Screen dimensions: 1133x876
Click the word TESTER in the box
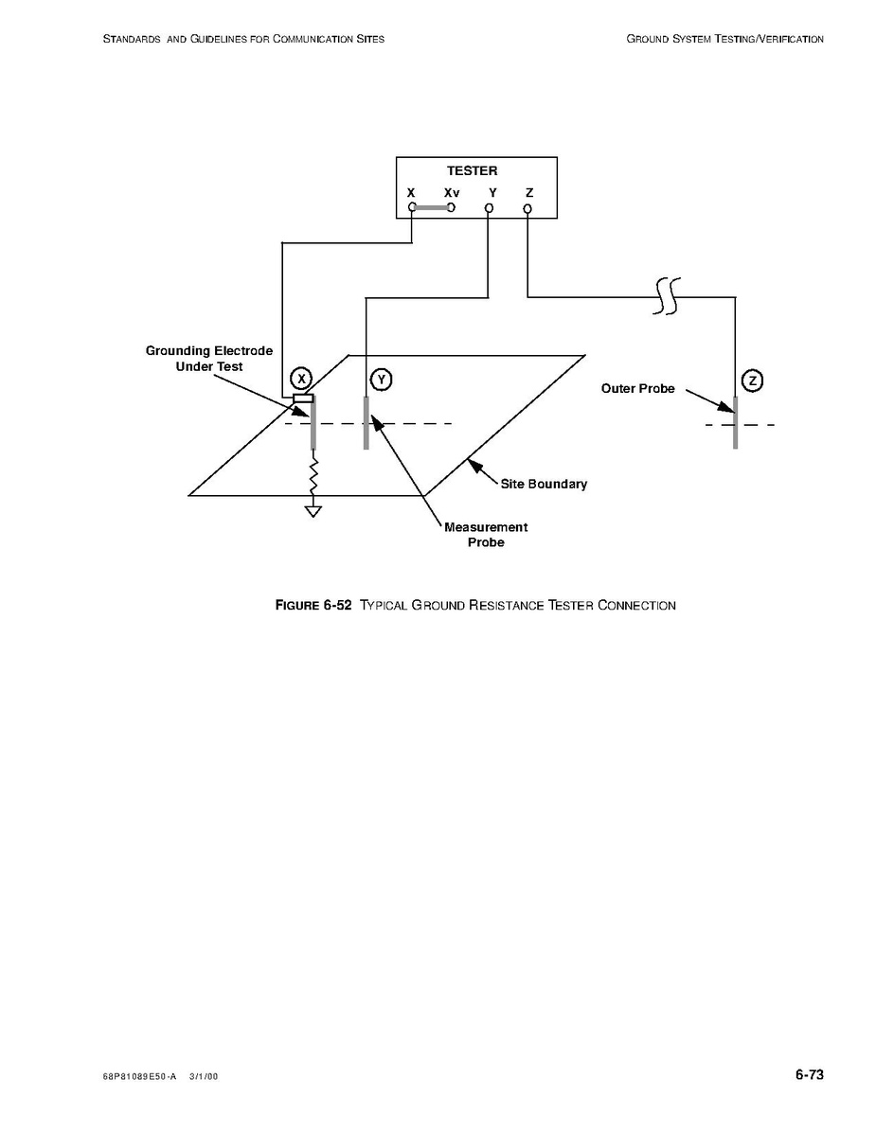click(x=472, y=171)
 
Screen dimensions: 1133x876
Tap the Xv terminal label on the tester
click(x=452, y=192)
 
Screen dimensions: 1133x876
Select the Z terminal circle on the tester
click(x=527, y=208)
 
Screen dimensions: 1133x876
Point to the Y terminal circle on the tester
click(x=489, y=208)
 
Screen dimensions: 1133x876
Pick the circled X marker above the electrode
click(x=301, y=379)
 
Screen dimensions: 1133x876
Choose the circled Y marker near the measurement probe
click(x=381, y=379)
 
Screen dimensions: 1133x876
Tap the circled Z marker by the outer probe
click(x=753, y=381)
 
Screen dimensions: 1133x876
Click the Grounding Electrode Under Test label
click(x=208, y=359)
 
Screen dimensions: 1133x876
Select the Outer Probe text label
click(x=637, y=389)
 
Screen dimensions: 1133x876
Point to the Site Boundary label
click(x=544, y=484)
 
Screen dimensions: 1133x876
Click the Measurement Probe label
click(x=486, y=535)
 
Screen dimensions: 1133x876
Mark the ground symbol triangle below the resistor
click(x=313, y=512)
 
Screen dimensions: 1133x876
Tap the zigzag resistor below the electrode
click(x=313, y=476)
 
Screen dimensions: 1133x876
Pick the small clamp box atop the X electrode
click(x=303, y=398)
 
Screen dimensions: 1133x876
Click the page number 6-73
click(x=810, y=1074)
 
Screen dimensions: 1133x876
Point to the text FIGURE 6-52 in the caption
click(x=313, y=606)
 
